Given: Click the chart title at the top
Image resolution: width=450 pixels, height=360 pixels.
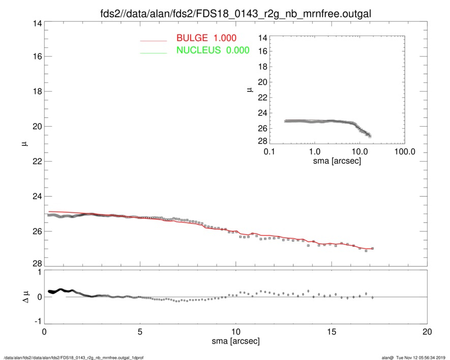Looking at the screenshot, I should [x=235, y=13].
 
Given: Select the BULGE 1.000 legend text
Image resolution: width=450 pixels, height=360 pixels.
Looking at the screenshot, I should [x=206, y=38].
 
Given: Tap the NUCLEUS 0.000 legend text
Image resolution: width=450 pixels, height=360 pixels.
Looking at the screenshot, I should [x=213, y=50].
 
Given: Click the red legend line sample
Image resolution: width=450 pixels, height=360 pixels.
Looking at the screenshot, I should [x=154, y=40].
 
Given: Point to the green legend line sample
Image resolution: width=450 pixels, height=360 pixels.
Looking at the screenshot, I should [x=154, y=52].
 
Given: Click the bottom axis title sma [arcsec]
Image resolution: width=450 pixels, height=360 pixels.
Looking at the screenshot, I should [x=235, y=342].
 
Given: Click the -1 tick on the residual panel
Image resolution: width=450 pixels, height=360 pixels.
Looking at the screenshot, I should [x=36, y=322].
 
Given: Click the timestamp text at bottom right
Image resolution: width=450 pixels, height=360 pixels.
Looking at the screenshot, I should [x=416, y=357].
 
